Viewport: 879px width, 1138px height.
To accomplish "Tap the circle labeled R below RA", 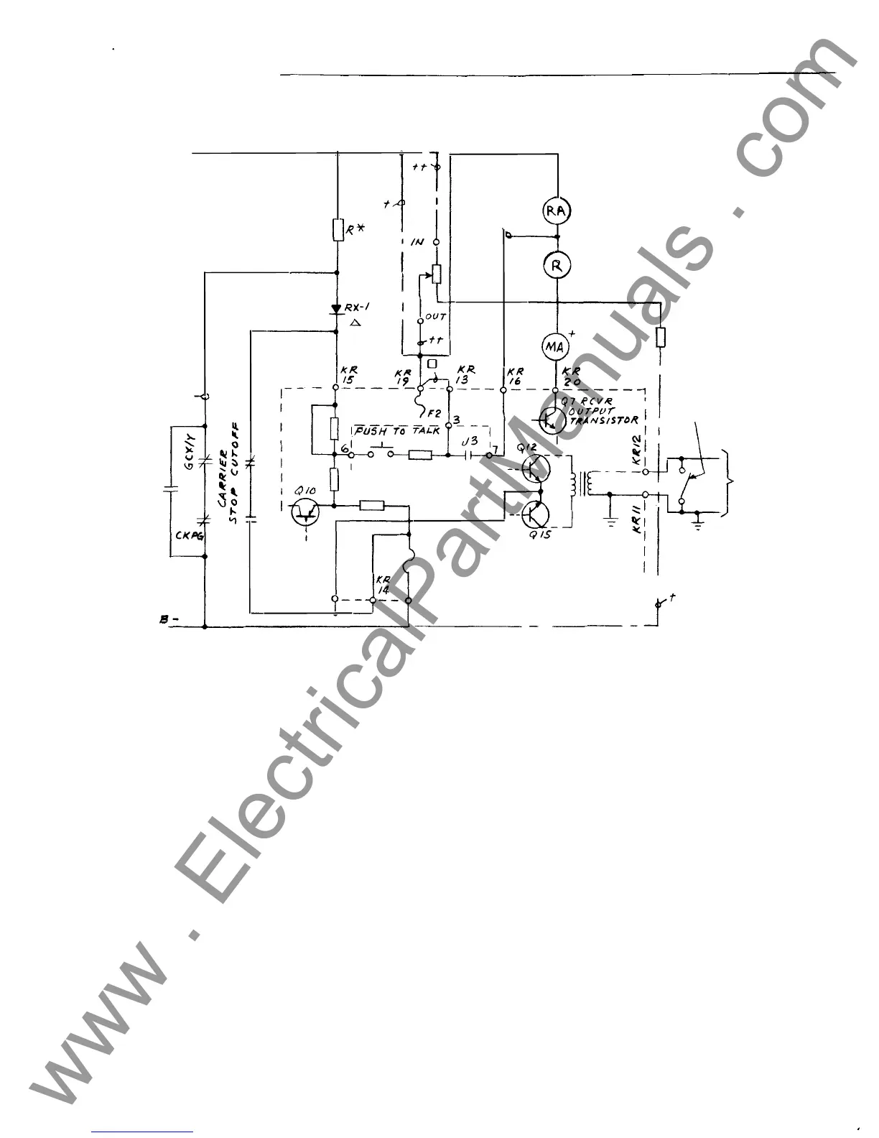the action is coord(557,265).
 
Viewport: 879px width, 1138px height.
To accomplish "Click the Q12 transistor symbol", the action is coord(535,468).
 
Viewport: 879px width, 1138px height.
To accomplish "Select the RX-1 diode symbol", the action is coord(336,309).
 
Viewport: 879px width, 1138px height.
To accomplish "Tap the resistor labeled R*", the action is coord(337,230).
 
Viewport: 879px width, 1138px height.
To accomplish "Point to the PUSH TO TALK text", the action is coord(396,431).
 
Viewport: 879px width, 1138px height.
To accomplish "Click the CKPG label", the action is coord(188,535).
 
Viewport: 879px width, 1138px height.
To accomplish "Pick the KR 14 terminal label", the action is coord(383,584).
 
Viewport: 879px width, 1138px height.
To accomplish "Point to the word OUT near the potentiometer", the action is coord(436,317).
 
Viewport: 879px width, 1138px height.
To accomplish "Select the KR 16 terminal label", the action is coord(515,376).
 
